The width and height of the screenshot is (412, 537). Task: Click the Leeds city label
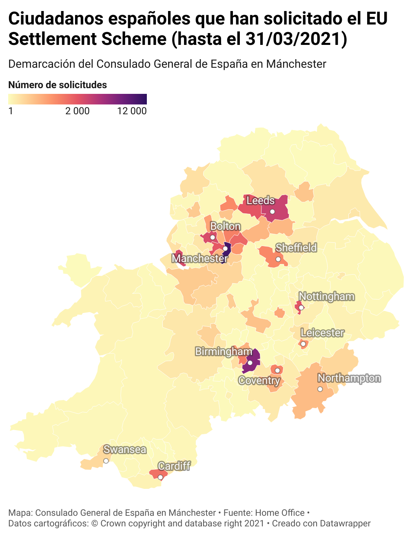tap(260, 200)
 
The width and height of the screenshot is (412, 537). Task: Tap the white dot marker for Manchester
tap(225, 249)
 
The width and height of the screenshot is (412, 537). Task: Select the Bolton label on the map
tap(225, 226)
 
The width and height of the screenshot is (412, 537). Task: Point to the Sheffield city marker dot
tap(278, 259)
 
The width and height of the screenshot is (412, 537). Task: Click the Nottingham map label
tap(326, 296)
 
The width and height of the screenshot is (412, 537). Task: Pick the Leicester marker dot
tap(303, 344)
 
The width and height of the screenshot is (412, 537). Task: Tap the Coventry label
tap(259, 381)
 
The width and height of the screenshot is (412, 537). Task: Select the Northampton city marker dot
tap(320, 389)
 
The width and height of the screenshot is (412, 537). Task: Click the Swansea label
tap(125, 449)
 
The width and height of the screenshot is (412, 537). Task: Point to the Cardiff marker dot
tap(160, 477)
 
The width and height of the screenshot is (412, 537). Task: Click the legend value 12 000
tap(132, 111)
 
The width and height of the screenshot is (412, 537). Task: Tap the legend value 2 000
tap(78, 111)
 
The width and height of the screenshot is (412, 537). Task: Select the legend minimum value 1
tap(11, 111)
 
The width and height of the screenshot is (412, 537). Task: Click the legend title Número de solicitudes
tap(58, 85)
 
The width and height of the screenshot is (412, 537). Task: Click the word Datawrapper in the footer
tap(345, 524)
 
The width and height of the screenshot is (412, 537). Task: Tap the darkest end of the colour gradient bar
tap(144, 99)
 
